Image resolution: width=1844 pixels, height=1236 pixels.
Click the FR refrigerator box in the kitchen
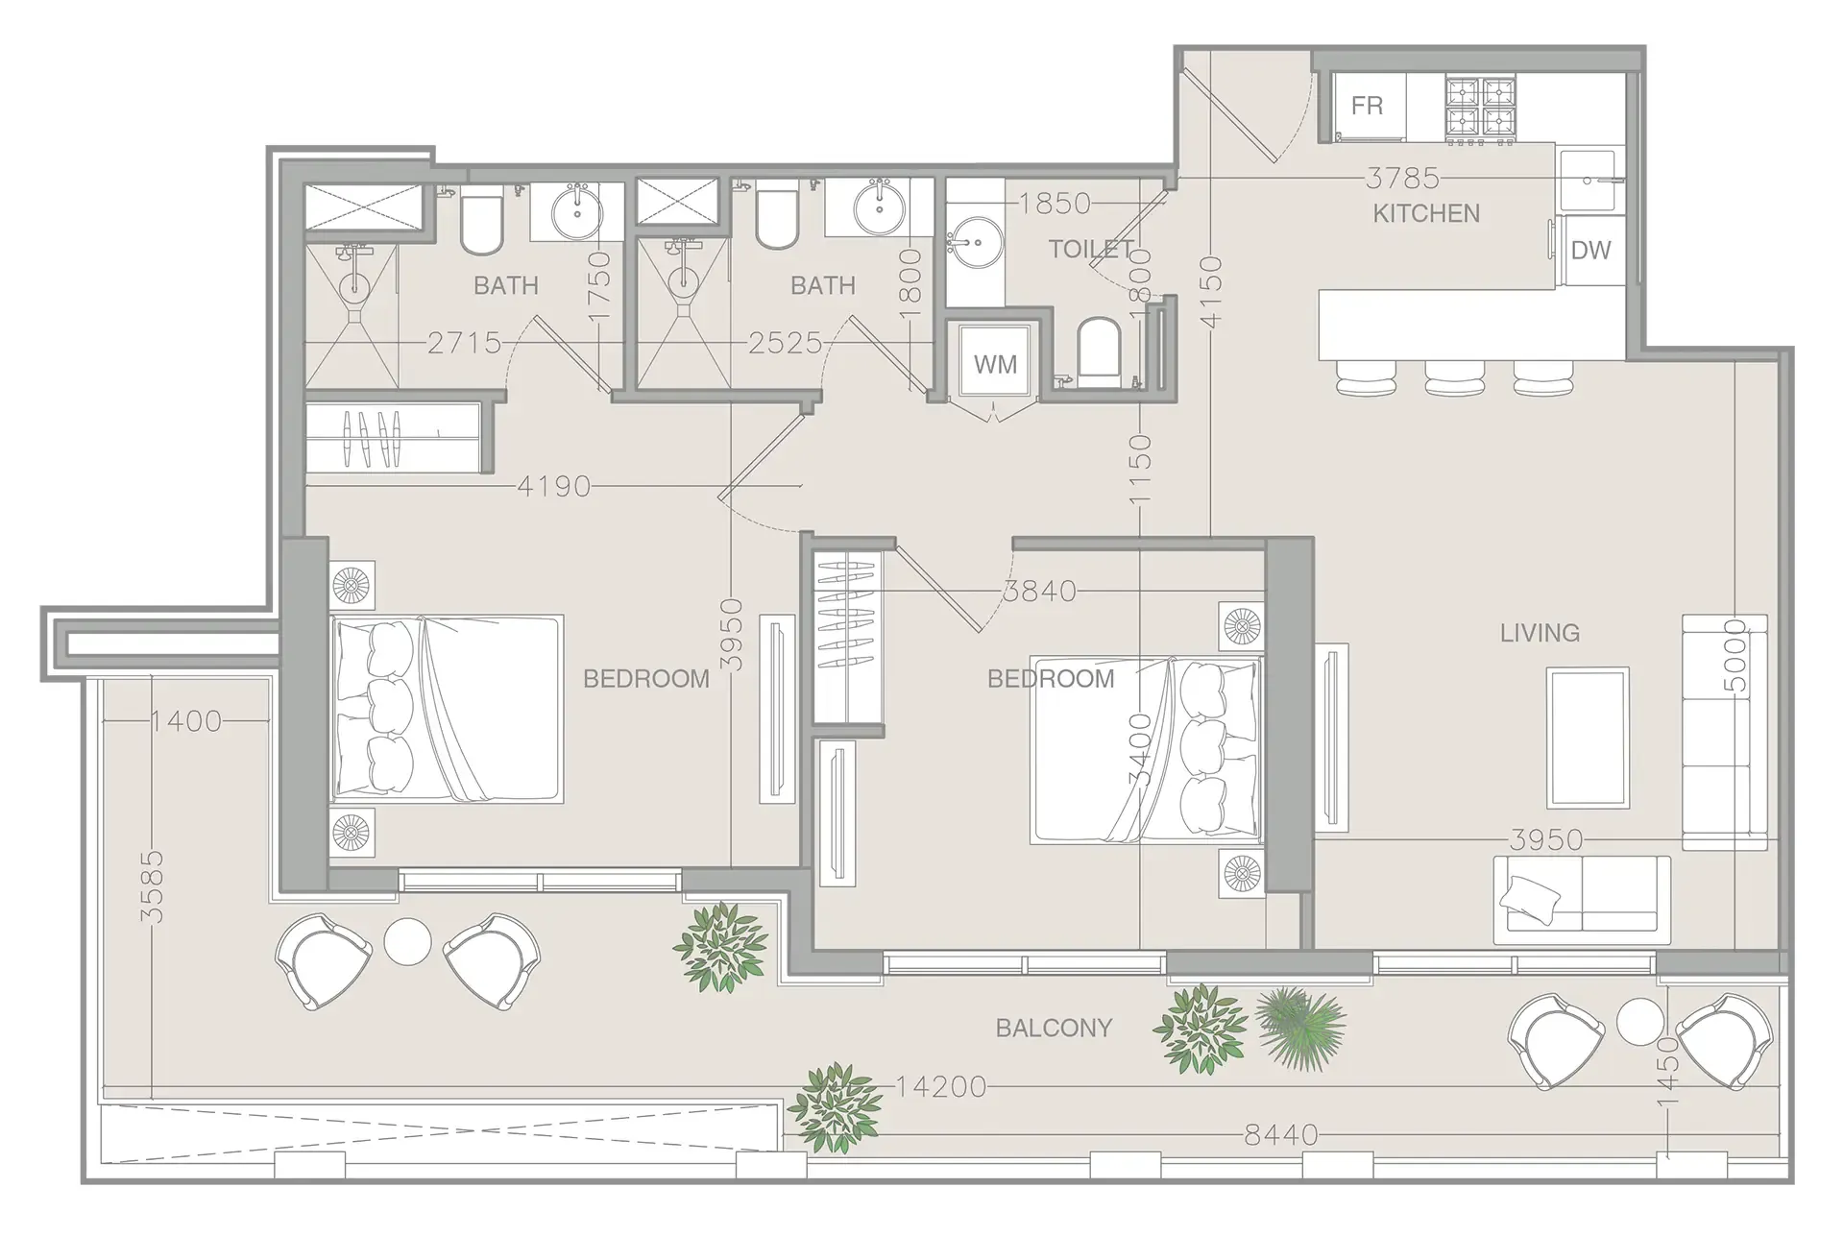pyautogui.click(x=1367, y=106)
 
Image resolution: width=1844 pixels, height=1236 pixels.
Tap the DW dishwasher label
pyautogui.click(x=1590, y=251)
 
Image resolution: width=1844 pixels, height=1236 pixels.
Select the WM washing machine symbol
pyautogui.click(x=994, y=365)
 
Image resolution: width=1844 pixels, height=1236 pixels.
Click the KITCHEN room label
pyautogui.click(x=1426, y=213)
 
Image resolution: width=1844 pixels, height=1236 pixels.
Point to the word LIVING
pyautogui.click(x=1540, y=633)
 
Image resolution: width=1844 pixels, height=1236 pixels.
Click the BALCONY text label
pyautogui.click(x=1054, y=1029)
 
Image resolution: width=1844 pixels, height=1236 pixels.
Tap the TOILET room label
pyautogui.click(x=1090, y=250)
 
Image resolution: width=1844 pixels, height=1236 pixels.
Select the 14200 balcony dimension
pyautogui.click(x=941, y=1087)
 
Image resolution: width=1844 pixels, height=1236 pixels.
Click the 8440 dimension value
pyautogui.click(x=1281, y=1135)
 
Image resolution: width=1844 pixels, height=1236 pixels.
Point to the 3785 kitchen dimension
pyautogui.click(x=1402, y=179)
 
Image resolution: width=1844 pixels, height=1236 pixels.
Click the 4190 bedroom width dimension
pyautogui.click(x=554, y=487)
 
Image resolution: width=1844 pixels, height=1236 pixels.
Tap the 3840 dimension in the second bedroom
pyautogui.click(x=1039, y=591)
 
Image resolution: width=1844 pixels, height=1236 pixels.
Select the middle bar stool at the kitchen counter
pyautogui.click(x=1455, y=376)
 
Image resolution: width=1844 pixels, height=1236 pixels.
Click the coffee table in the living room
pyautogui.click(x=1587, y=738)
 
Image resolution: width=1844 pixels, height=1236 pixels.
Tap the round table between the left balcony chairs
pyautogui.click(x=407, y=942)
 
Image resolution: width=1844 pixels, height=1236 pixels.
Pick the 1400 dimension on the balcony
pyautogui.click(x=186, y=720)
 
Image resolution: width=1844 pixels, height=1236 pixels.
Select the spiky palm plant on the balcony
pyautogui.click(x=1299, y=1028)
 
